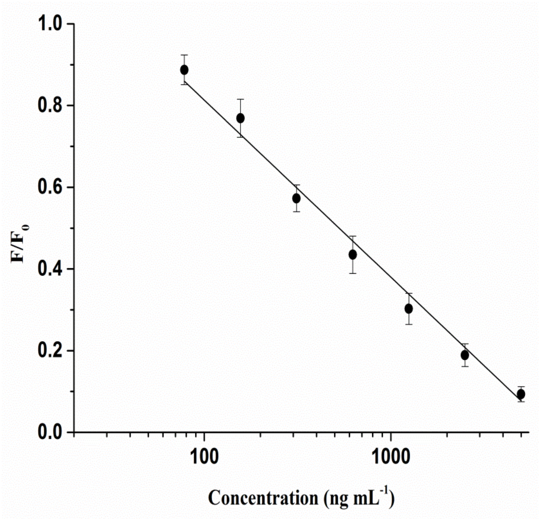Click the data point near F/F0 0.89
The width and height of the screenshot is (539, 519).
point(184,70)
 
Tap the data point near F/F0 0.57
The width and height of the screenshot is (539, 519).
point(296,198)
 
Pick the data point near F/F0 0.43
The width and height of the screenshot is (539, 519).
point(353,255)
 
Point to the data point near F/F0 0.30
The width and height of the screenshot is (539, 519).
point(409,309)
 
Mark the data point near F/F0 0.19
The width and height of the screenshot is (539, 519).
point(465,355)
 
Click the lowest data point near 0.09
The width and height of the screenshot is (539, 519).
point(521,394)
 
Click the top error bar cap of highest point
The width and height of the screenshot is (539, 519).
point(184,55)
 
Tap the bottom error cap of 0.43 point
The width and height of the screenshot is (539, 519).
point(353,273)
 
